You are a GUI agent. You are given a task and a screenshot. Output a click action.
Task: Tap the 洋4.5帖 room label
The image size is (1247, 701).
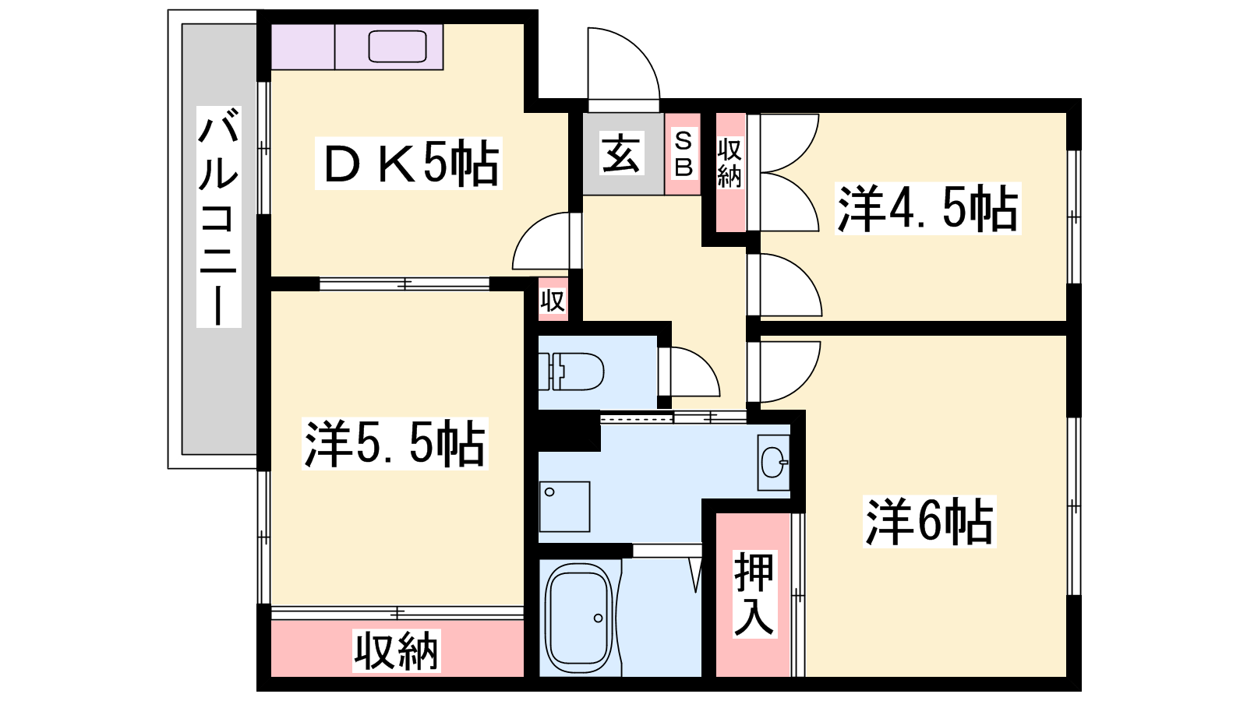click(x=927, y=209)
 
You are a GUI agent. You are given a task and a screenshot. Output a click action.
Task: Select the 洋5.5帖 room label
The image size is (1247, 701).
click(x=394, y=444)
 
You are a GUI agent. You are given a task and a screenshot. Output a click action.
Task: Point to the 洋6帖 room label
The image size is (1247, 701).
click(x=929, y=522)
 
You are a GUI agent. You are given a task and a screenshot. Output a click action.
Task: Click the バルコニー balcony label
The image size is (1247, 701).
click(x=219, y=217)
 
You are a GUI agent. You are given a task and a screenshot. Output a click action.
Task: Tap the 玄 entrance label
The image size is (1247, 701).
click(x=620, y=153)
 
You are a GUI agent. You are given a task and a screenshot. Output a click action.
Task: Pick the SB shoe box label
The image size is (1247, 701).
click(x=683, y=153)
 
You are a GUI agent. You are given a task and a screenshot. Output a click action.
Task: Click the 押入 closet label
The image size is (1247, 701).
click(x=754, y=594)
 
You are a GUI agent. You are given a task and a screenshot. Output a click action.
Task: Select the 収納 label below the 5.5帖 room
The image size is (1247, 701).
click(x=397, y=650)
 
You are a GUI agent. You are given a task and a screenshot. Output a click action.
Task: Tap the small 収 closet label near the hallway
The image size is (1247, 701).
click(x=553, y=301)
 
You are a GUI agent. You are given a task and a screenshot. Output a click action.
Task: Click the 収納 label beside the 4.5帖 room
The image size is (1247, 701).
click(x=729, y=163)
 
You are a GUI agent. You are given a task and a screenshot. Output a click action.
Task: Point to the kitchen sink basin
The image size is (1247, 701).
click(x=397, y=47)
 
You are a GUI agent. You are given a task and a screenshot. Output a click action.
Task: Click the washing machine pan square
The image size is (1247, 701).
click(x=564, y=506)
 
